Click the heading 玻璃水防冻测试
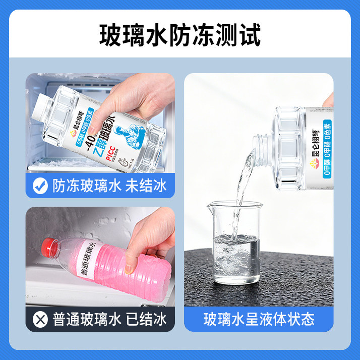coord(180,36)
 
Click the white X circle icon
coord(40,319)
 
